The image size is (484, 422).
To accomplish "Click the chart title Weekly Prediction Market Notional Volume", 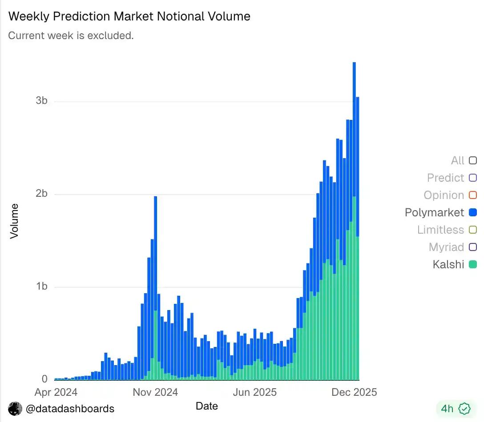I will [129, 16].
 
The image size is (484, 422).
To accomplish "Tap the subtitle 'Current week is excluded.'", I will [71, 36].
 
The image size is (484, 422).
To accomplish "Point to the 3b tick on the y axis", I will [41, 101].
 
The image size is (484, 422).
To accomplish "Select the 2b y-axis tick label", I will [41, 194].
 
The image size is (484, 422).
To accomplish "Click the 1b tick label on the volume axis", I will [41, 287].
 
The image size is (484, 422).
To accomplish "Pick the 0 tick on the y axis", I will [44, 379].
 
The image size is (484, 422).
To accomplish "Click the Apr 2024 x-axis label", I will [56, 392].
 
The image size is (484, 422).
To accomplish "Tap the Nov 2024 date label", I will [156, 392].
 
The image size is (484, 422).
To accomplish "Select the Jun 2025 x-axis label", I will [255, 392].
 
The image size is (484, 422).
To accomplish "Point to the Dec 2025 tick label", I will [355, 392].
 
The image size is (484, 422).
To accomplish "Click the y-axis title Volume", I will [15, 221].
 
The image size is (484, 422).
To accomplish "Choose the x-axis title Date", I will [207, 406].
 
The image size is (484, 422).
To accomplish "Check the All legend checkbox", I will [473, 160].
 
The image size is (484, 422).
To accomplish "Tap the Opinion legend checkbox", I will [473, 195].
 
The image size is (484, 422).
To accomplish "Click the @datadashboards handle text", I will [70, 409].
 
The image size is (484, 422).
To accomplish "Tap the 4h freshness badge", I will [455, 408].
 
